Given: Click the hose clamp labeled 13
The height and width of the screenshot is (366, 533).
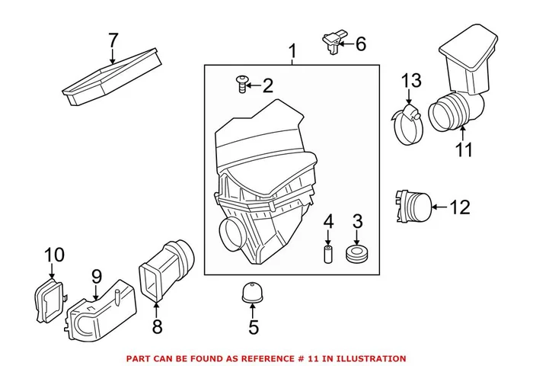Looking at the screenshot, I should [409, 125].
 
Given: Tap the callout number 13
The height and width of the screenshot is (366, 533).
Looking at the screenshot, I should [411, 80].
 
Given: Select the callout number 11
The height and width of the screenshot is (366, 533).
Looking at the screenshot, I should [464, 149].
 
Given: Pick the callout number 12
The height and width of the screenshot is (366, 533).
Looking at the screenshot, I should [460, 206].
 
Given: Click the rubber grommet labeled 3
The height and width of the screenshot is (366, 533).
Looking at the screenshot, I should [356, 255].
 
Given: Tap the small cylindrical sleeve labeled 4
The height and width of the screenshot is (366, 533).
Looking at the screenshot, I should [329, 252].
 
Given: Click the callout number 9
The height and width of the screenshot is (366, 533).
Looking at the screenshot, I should [97, 275].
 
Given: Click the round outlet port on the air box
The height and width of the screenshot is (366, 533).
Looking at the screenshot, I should [231, 230].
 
